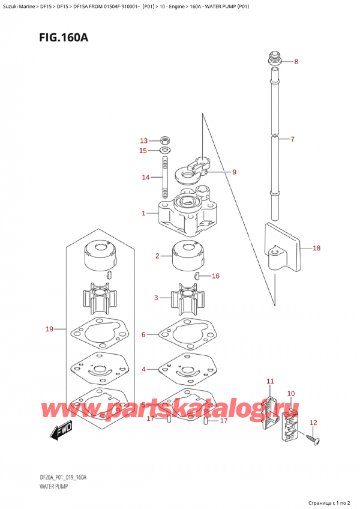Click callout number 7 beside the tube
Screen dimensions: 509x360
click(292, 139)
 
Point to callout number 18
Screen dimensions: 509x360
click(317, 247)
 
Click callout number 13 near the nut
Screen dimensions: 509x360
click(143, 140)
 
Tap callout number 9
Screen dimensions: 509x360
click(234, 172)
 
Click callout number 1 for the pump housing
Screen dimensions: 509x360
click(143, 213)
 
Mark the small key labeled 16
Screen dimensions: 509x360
click(197, 276)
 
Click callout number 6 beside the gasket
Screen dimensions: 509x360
click(143, 334)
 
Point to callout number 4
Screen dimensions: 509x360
click(143, 369)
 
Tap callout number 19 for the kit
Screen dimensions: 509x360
click(50, 328)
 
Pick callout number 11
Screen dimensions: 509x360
click(270, 381)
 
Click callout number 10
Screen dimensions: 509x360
click(291, 393)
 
